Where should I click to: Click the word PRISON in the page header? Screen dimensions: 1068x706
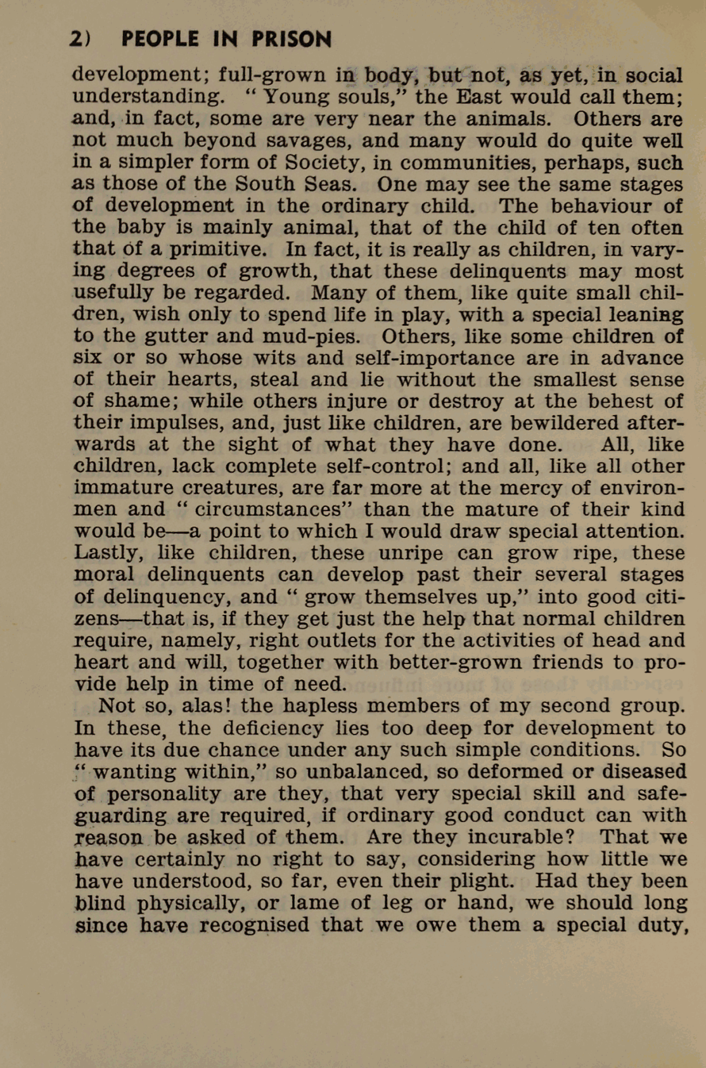pos(291,39)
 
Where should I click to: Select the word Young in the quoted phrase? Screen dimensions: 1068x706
pos(294,97)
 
